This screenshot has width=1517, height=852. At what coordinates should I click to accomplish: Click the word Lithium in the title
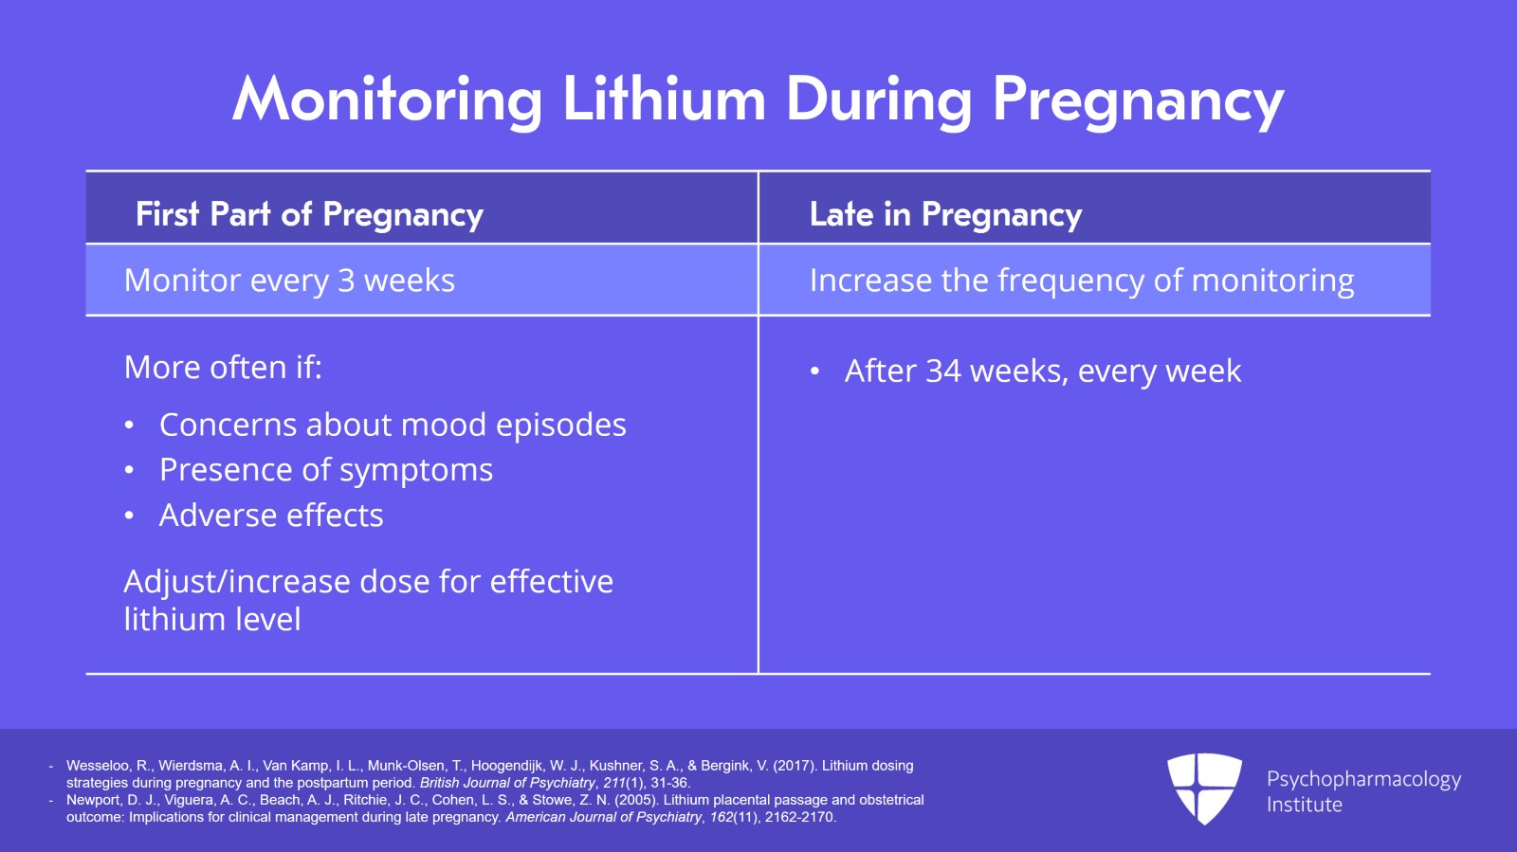663,99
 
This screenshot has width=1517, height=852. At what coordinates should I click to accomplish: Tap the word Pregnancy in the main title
1138,100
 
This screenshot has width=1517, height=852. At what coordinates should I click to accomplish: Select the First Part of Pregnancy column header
309,214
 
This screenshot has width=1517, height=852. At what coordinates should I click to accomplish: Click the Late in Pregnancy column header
945,214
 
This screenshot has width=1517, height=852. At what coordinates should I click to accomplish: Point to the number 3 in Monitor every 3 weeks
346,281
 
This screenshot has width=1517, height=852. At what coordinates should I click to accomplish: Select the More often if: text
223,367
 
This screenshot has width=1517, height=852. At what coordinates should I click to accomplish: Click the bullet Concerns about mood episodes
393,425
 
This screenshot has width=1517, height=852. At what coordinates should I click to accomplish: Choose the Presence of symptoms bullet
326,470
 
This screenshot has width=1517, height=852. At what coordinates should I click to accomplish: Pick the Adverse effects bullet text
271,516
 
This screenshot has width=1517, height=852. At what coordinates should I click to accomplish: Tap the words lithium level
212,620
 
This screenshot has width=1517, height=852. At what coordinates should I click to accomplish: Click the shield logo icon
1204,788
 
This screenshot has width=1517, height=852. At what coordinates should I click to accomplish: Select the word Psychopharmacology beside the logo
1363,779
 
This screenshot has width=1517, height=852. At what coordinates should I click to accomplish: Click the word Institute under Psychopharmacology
1304,805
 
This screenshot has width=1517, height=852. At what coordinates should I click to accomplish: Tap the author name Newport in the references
93,800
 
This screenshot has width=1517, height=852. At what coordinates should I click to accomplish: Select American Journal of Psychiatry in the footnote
604,817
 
